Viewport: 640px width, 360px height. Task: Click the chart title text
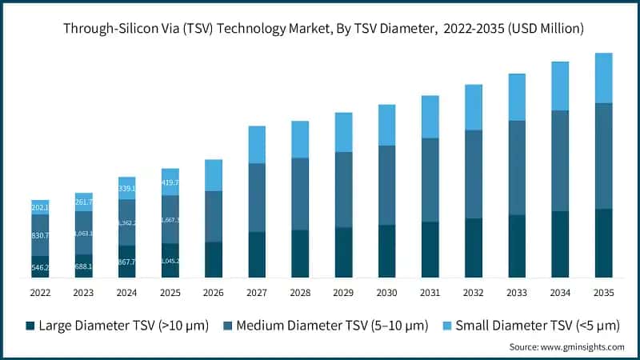coord(320,28)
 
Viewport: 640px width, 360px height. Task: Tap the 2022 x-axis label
coord(40,293)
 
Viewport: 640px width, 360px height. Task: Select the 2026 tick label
coord(213,293)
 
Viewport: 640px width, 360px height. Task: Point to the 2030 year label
coord(386,293)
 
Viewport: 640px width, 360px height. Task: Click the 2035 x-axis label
coord(603,293)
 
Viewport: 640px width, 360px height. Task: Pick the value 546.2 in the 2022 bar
coord(40,267)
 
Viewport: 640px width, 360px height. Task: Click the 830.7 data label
coord(40,235)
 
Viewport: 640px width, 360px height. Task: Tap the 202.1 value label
coord(40,208)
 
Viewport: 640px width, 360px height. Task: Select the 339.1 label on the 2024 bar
coord(126,189)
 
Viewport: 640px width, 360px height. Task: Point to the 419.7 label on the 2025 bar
coord(170,182)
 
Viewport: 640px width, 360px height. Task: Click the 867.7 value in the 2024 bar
coord(126,262)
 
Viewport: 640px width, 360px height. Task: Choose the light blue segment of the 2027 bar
coord(257,144)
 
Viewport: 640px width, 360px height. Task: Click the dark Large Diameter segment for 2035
coord(603,243)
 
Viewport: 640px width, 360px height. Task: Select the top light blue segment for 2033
coord(517,97)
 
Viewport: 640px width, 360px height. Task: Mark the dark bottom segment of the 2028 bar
coord(300,254)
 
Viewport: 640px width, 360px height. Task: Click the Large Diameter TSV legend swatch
coord(30,326)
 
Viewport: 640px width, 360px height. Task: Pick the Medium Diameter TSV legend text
coord(327,326)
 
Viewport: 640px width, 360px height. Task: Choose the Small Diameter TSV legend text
coord(531,326)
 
